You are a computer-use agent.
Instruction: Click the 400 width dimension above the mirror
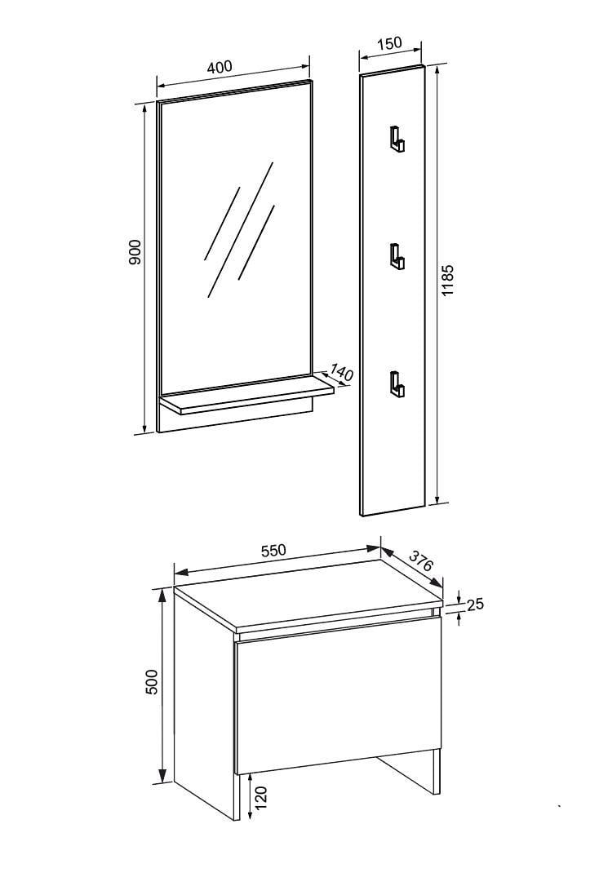click(220, 67)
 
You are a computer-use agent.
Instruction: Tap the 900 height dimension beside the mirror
click(135, 252)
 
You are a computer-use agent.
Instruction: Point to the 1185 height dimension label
click(447, 281)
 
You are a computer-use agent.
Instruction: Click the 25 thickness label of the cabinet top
click(476, 604)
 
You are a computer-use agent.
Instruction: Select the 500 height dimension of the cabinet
click(153, 682)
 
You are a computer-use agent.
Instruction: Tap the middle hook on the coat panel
click(396, 256)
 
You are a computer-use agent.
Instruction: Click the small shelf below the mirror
click(247, 397)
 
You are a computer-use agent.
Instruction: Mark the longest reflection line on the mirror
click(241, 229)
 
